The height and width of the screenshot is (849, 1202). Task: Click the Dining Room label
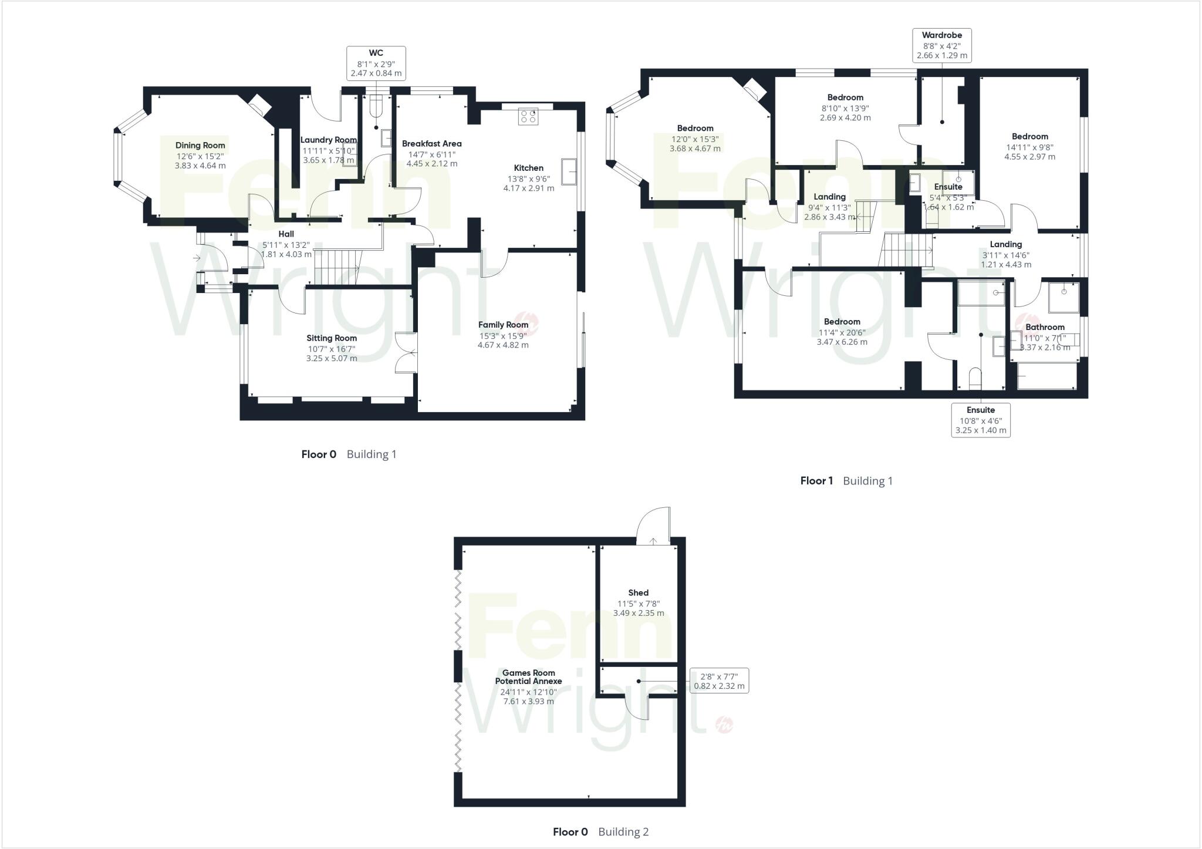pos(200,145)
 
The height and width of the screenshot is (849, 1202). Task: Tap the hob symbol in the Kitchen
pos(528,116)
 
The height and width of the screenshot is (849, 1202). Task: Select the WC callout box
pos(376,63)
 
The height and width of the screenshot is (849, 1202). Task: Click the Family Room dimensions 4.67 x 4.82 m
pos(503,345)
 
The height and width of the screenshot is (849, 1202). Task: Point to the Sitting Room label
pos(332,338)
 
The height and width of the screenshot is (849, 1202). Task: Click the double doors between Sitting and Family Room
pos(406,353)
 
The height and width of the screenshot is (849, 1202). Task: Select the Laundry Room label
pos(329,140)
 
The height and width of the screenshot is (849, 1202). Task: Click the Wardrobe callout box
pos(942,46)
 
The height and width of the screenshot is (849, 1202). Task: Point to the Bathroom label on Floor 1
pos(1045,327)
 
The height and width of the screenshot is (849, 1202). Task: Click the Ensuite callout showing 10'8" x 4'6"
pos(981,420)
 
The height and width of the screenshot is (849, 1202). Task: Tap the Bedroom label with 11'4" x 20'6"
pos(842,322)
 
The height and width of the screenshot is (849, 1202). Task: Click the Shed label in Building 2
pos(638,593)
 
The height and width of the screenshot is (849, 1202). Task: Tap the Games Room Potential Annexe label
pos(528,677)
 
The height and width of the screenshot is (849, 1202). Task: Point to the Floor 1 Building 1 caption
pos(846,481)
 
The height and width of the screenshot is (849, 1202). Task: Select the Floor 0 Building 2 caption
pos(600,831)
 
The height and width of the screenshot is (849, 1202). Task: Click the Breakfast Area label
pos(431,143)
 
